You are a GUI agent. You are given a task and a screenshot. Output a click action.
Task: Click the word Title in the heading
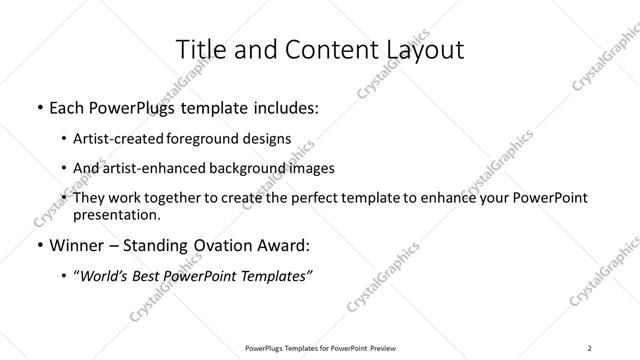200,49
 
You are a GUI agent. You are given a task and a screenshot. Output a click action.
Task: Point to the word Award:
284,245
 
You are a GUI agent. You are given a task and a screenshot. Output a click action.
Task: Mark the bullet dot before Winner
39,246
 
